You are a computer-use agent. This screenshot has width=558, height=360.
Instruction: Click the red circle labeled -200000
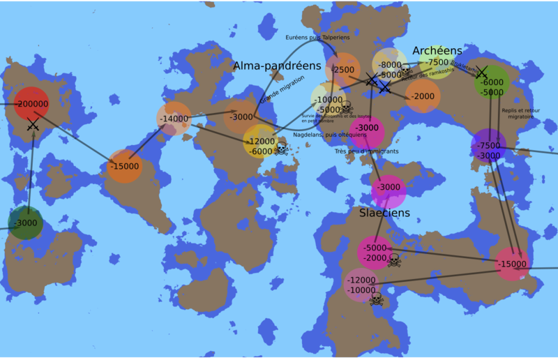point(31,104)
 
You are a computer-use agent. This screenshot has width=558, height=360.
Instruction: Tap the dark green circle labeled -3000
point(26,223)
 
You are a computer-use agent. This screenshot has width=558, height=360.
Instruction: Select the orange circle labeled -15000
point(125,167)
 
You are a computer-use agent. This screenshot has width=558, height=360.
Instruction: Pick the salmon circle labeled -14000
point(174,119)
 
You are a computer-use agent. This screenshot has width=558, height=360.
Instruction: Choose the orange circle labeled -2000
point(423,96)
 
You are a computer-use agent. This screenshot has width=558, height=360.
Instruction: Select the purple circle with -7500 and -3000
point(489,146)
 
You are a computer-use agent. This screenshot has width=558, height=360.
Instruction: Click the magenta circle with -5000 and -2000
point(375,253)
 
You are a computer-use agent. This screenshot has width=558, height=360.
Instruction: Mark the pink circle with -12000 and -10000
point(361,285)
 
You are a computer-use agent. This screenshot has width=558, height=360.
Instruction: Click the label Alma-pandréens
point(277,66)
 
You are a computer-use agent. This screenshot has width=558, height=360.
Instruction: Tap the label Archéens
point(437,51)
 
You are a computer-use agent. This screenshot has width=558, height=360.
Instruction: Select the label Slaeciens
point(384,212)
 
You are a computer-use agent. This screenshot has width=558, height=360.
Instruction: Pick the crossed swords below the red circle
point(32,126)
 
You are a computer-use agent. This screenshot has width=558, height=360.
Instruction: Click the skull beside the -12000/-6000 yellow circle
point(282,149)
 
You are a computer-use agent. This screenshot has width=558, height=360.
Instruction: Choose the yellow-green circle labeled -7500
point(437,63)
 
